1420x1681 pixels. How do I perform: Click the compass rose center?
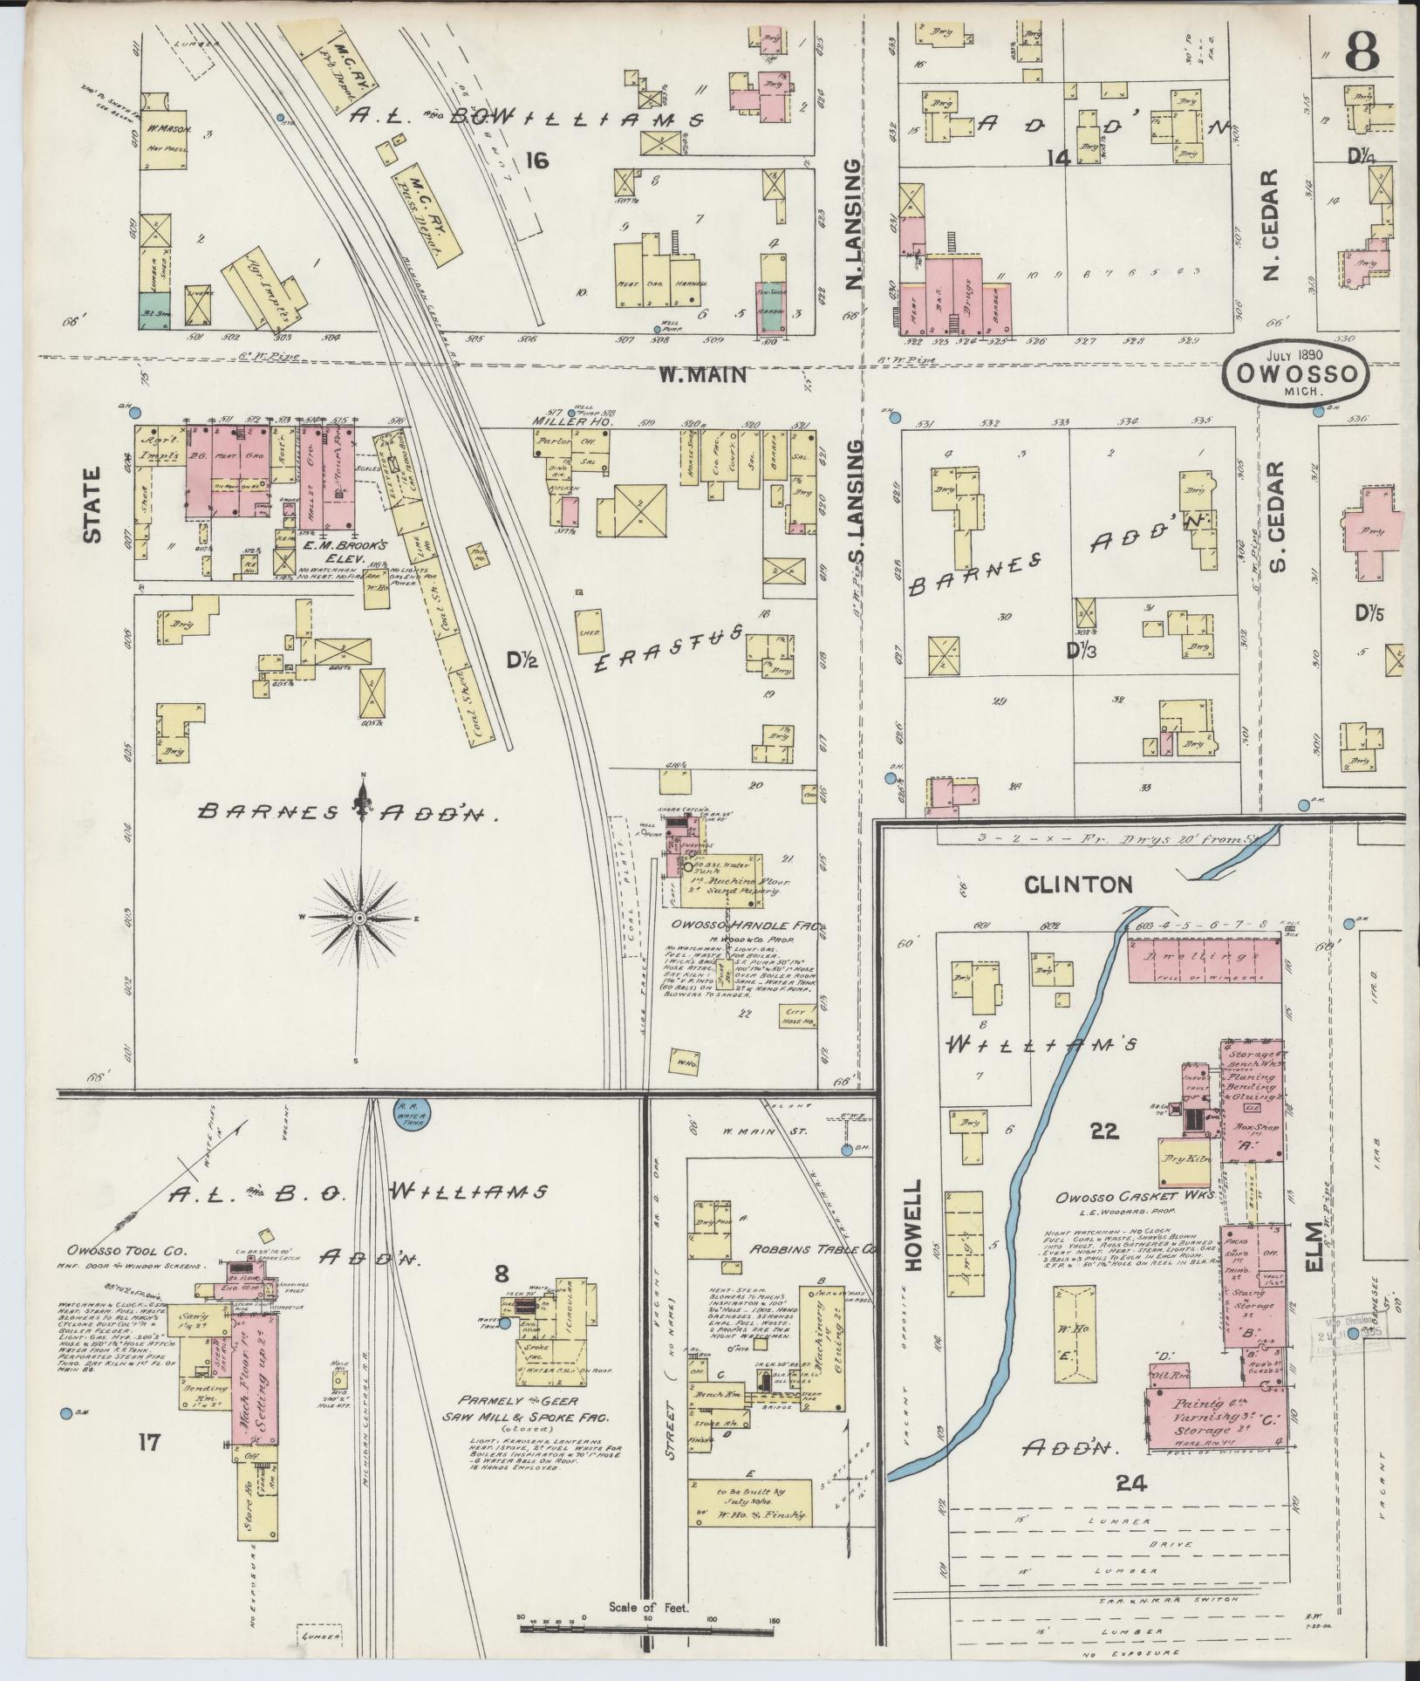point(359,919)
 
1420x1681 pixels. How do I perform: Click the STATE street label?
point(92,505)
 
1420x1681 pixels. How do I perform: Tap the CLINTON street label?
point(1078,885)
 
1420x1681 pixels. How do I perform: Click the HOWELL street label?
point(913,1229)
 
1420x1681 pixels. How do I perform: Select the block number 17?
point(149,1443)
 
